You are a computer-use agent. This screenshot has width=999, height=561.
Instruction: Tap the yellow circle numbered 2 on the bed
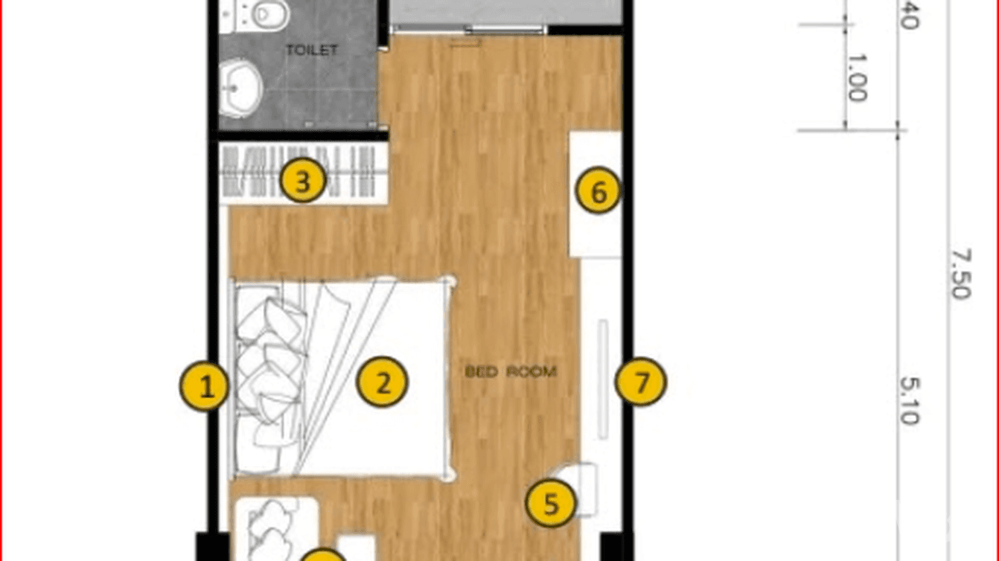[x=383, y=383]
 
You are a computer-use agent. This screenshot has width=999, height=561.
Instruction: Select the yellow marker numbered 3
[x=301, y=181]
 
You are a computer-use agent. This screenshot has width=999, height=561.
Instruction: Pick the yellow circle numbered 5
[x=551, y=504]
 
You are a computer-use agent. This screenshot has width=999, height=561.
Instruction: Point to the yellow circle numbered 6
[x=599, y=193]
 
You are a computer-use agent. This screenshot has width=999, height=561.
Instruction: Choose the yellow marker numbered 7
[x=641, y=382]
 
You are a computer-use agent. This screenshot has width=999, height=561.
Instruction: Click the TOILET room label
[x=313, y=51]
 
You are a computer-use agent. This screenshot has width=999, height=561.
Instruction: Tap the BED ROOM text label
[x=511, y=371]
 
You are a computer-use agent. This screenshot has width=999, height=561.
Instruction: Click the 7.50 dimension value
[x=960, y=274]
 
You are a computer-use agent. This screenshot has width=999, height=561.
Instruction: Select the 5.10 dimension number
[x=910, y=400]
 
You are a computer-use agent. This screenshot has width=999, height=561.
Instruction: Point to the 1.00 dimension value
[x=856, y=77]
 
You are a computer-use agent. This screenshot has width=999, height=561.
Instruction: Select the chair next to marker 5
[x=579, y=487]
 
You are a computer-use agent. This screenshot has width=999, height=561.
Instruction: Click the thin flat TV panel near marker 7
[x=603, y=379]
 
